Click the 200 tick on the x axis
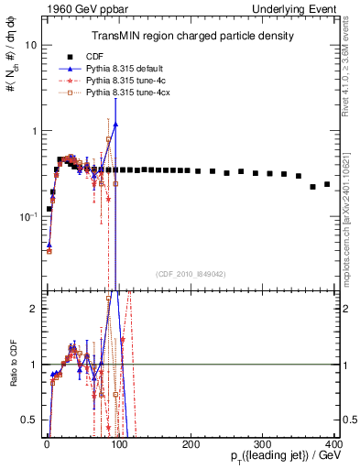click(191, 442)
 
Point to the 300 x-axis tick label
click(263, 442)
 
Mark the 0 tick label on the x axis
click(47, 442)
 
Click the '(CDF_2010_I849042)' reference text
click(190, 272)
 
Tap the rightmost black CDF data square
click(327, 184)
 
